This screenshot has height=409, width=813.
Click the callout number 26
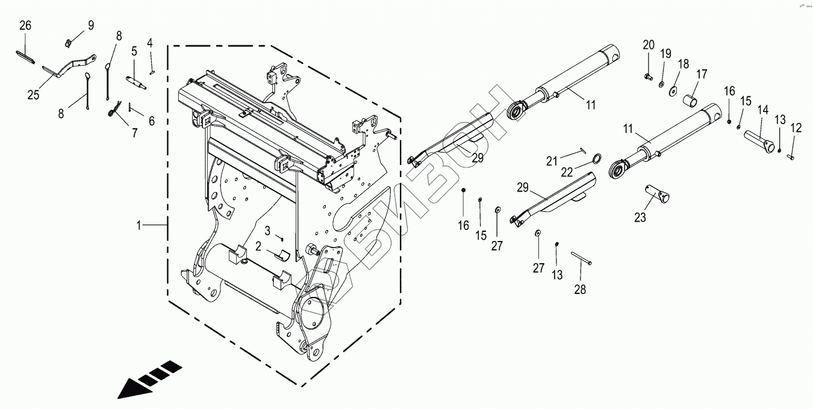[x=25, y=26]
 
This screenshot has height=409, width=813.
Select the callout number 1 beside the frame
[x=139, y=226]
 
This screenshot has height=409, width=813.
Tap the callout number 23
[x=640, y=217]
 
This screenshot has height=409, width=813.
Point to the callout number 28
[x=579, y=290]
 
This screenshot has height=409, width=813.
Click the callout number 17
[x=702, y=75]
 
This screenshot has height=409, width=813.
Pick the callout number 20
[x=648, y=45]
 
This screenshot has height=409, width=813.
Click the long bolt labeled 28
[x=582, y=259]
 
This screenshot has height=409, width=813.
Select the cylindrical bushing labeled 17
[x=690, y=99]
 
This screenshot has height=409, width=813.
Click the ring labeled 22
[x=596, y=158]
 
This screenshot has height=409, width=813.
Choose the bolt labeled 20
[x=649, y=76]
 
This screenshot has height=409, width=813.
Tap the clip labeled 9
[x=69, y=43]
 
